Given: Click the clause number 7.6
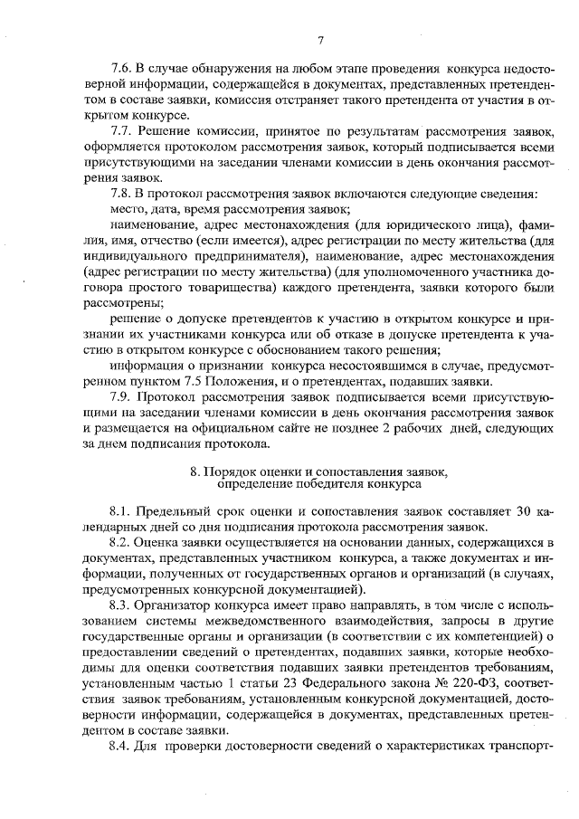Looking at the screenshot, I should pos(121,69).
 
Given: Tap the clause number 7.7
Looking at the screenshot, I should pos(121,131).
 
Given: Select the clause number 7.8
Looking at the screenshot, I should pos(121,194).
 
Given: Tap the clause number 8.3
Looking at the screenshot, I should pos(121,605).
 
